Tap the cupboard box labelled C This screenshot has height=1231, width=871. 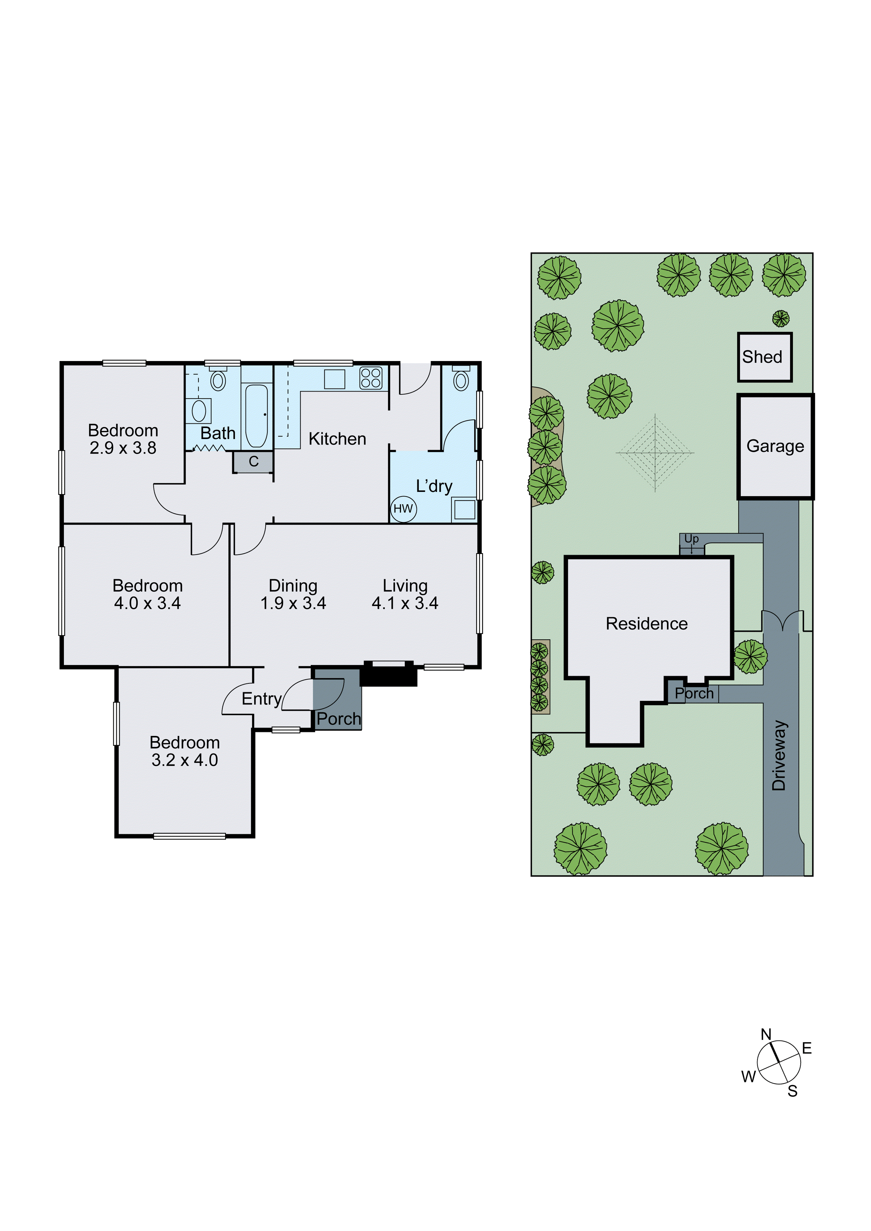[253, 462]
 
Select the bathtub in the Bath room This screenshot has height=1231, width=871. [256, 416]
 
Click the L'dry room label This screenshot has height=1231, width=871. [434, 486]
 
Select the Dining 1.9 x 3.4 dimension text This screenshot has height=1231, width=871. [293, 603]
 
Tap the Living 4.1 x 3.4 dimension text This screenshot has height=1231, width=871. [405, 603]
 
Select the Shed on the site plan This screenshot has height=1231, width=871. [764, 357]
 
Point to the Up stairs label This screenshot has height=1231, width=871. [691, 538]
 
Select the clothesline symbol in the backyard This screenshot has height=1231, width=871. [655, 453]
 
